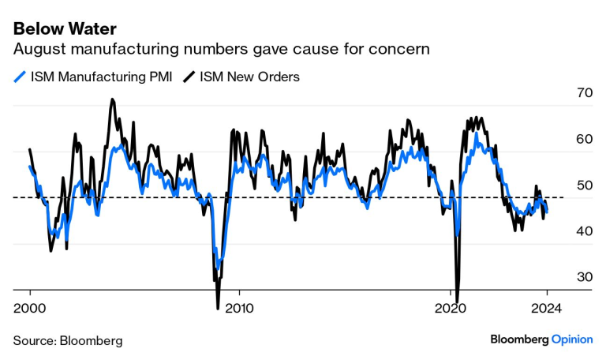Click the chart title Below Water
pos(65,29)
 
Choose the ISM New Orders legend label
pos(249,77)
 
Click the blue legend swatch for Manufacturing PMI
pos(20,77)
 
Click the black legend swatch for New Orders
pos(189,77)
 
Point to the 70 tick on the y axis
pos(584,92)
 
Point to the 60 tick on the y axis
pos(584,139)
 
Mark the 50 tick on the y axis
pos(584,185)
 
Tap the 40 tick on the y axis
pos(584,231)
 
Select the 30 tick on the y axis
pos(584,277)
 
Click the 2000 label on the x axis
pos(30,308)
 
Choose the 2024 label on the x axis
pos(547,308)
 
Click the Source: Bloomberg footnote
pos(68,340)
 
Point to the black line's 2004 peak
pos(112,99)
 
